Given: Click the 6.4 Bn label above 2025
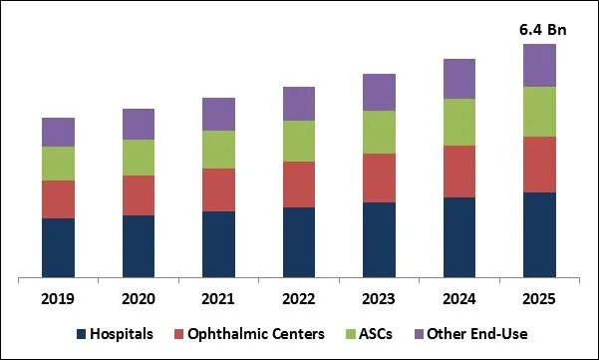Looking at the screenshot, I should point(539,28).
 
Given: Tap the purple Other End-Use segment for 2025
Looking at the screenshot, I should point(539,65).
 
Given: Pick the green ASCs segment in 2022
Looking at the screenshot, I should point(299,141).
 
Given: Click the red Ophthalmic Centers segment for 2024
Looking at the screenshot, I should point(459,172).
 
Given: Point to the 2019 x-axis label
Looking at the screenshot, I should point(58,298).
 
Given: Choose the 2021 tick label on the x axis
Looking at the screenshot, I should point(218,298).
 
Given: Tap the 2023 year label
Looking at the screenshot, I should point(379,298).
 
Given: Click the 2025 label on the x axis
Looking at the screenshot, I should point(539,298).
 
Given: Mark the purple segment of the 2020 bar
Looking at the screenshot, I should point(139,124).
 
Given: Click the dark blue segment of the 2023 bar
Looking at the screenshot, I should point(379,239).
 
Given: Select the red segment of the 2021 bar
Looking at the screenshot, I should point(218,189).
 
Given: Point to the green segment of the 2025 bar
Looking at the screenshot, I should point(539,112).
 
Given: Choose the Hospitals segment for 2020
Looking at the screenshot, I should point(139,245).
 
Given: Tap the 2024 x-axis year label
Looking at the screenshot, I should point(459,298).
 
